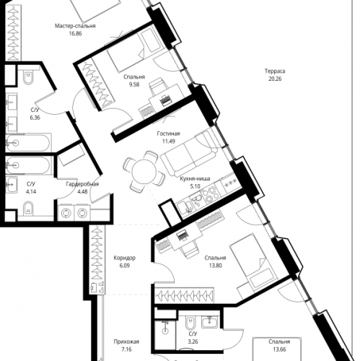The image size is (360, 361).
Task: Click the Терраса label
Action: pos(274,72)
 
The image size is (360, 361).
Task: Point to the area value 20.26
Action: pos(274,80)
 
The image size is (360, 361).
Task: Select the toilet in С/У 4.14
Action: pos(27,209)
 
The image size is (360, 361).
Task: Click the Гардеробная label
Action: pos(82,185)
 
